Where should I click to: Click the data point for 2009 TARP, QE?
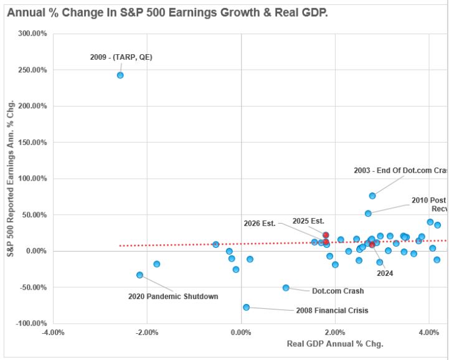coord(120,75)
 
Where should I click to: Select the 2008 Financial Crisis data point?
coord(247,307)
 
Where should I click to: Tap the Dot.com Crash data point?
coord(286,288)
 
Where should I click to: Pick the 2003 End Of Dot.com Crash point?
coord(372,196)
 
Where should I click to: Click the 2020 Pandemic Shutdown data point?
coord(139,275)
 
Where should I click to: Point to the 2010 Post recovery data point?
coord(368,214)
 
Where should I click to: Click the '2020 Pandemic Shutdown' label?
coord(173,296)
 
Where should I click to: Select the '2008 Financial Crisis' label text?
coord(332,310)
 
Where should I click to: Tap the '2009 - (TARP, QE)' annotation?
coord(121,57)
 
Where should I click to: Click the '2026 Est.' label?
coord(260,224)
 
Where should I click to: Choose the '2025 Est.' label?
coord(309,221)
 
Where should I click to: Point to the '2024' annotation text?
coord(385,273)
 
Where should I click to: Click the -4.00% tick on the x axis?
coord(53,333)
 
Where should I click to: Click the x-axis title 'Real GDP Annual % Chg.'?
coord(335,344)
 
